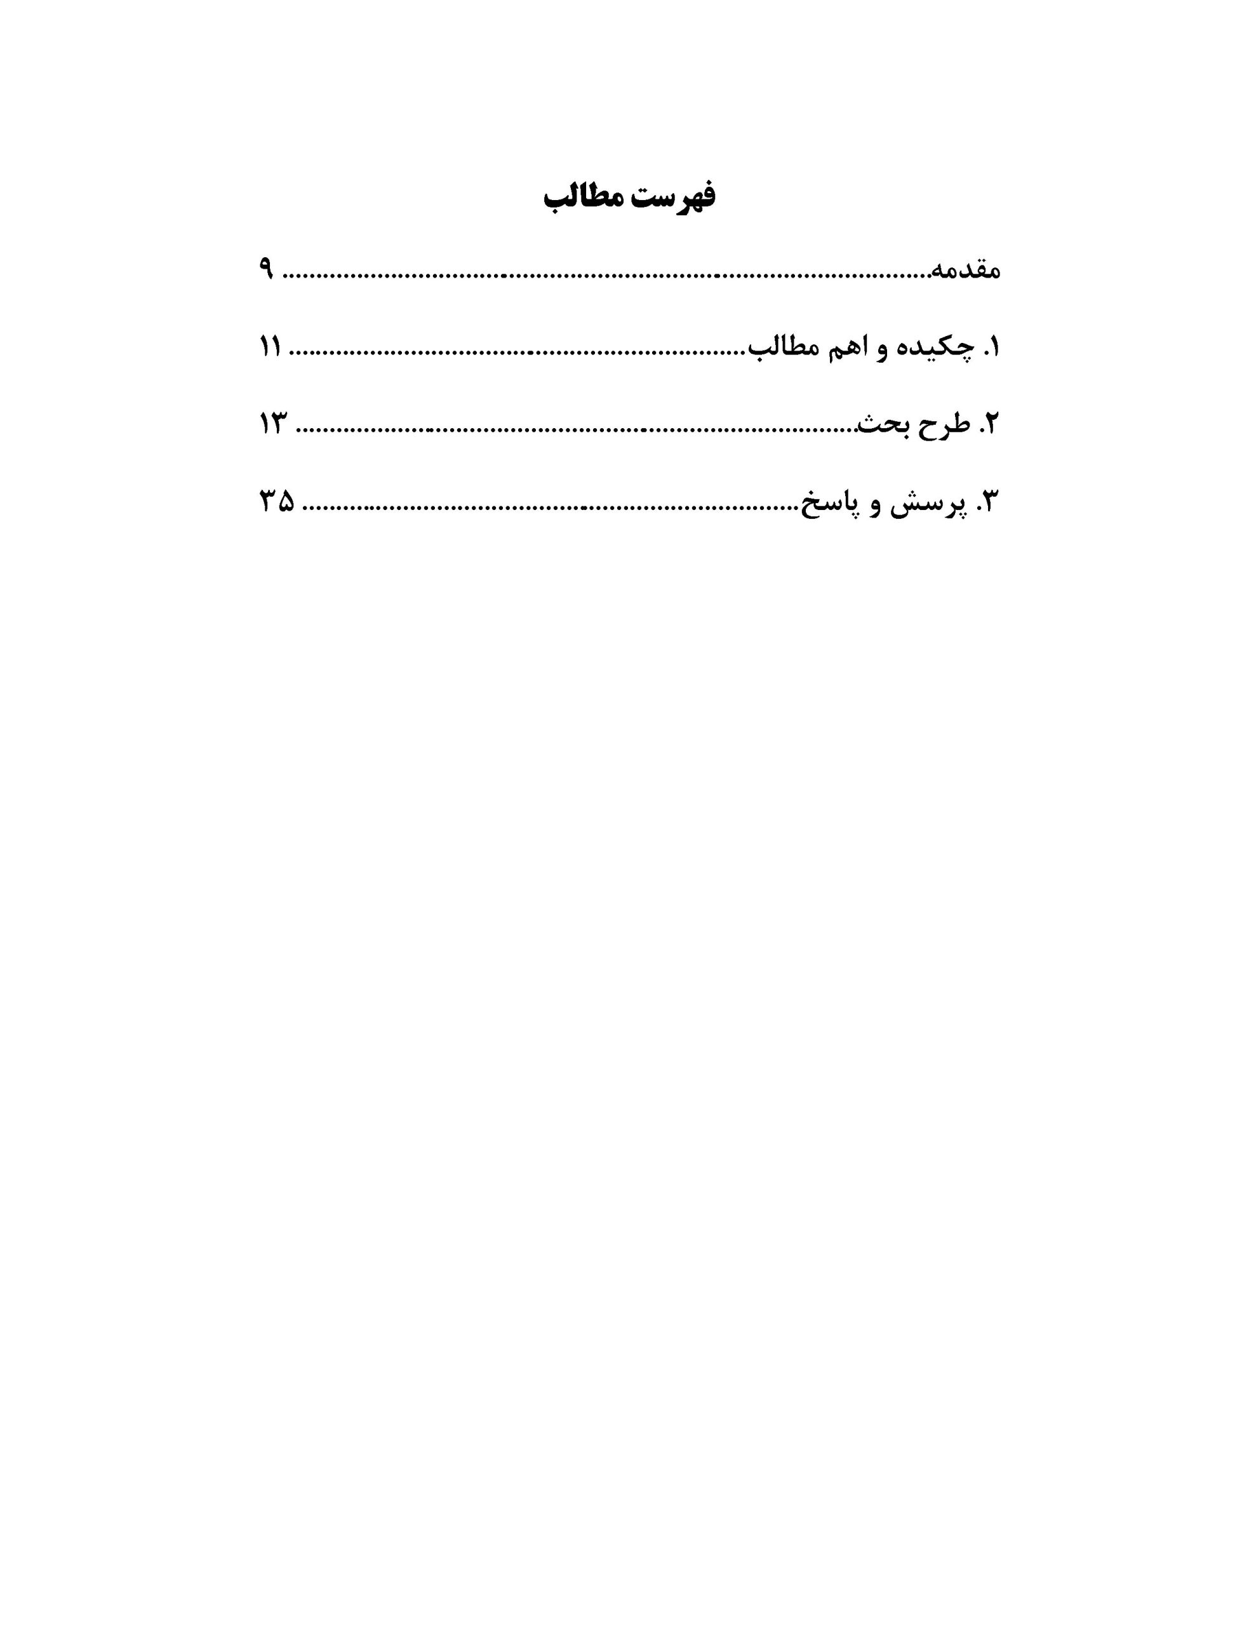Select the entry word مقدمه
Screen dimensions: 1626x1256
pyautogui.click(x=966, y=270)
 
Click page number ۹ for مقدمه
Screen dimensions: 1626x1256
pyautogui.click(x=267, y=269)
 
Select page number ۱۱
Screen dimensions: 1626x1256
pyautogui.click(x=269, y=347)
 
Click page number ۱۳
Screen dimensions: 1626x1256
pyautogui.click(x=272, y=424)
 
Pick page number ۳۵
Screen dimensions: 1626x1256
pyautogui.click(x=276, y=502)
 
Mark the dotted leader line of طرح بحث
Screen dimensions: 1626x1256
pyautogui.click(x=573, y=429)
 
